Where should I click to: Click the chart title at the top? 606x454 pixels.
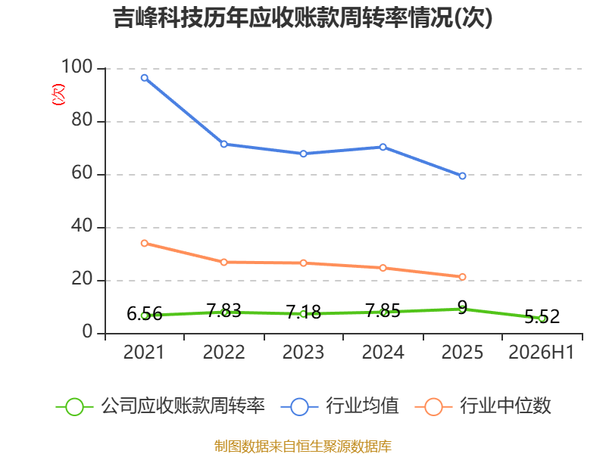coord(303,17)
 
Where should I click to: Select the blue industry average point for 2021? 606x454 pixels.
coord(145,78)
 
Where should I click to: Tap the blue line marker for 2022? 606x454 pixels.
coord(223,144)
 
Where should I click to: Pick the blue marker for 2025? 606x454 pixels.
coord(462,176)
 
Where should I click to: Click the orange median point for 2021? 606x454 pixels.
coord(145,243)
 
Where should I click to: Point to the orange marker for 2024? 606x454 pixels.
coord(383,268)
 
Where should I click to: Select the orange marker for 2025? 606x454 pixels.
coord(462,277)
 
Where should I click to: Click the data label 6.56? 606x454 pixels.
coord(145,314)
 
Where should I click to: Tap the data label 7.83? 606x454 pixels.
coord(223,310)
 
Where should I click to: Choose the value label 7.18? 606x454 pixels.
coord(304,312)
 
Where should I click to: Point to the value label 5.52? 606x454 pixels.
coord(542,316)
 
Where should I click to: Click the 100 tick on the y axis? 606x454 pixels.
coord(77,67)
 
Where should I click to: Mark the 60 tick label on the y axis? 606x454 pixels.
coord(82,173)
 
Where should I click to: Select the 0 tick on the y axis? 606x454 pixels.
coord(87,331)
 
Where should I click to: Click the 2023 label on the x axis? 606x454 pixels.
coord(304,353)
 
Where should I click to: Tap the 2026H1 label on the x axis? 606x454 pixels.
coord(542,353)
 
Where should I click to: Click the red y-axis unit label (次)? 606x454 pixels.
coord(59,95)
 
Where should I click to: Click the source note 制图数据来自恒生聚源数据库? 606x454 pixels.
coord(303,446)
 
